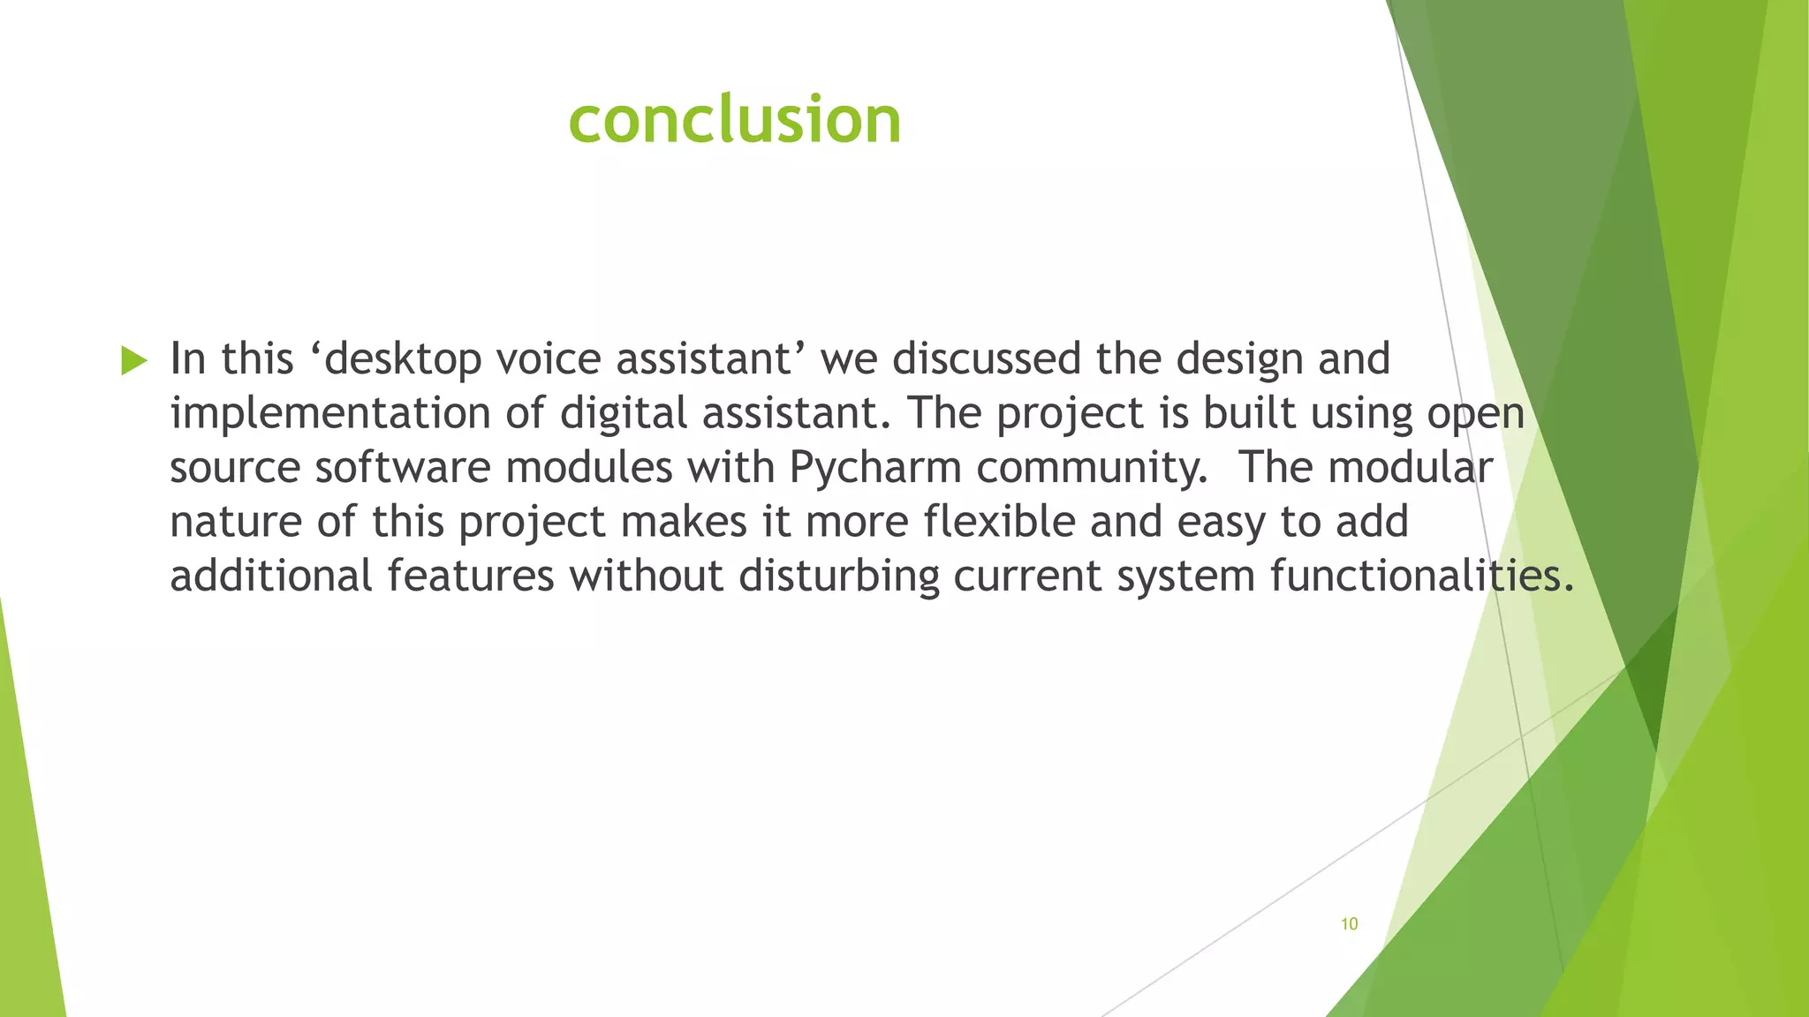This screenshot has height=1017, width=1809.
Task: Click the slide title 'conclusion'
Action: (x=735, y=119)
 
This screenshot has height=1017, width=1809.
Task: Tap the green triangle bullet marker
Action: (x=133, y=360)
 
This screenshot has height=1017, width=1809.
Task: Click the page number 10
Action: (x=1349, y=924)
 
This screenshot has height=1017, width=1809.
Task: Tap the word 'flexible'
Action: (x=999, y=522)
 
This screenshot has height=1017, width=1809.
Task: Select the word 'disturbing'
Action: (x=838, y=576)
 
